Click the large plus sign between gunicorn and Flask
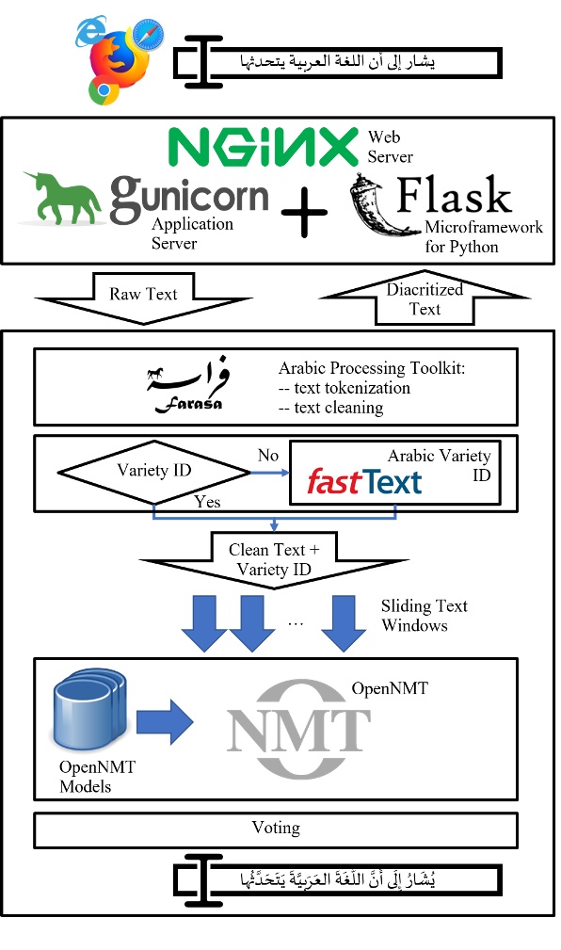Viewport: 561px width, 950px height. [304, 215]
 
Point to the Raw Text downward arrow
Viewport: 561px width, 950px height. [143, 298]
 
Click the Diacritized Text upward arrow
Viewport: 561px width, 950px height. [424, 297]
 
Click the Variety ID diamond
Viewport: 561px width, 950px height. [154, 471]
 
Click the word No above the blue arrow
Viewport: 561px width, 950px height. [268, 456]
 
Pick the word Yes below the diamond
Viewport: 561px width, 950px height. [207, 502]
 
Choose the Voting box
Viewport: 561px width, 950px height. [276, 829]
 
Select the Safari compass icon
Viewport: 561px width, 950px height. [148, 36]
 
